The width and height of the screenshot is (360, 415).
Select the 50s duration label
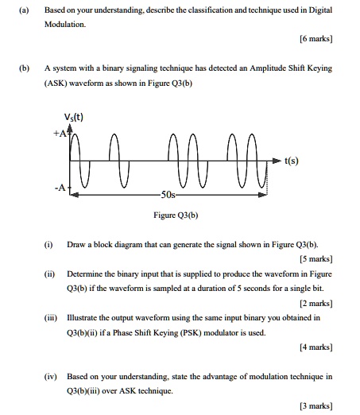pyautogui.click(x=168, y=195)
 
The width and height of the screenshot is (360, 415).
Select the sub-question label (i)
pyautogui.click(x=48, y=242)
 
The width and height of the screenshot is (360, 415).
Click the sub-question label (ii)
pyautogui.click(x=49, y=273)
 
